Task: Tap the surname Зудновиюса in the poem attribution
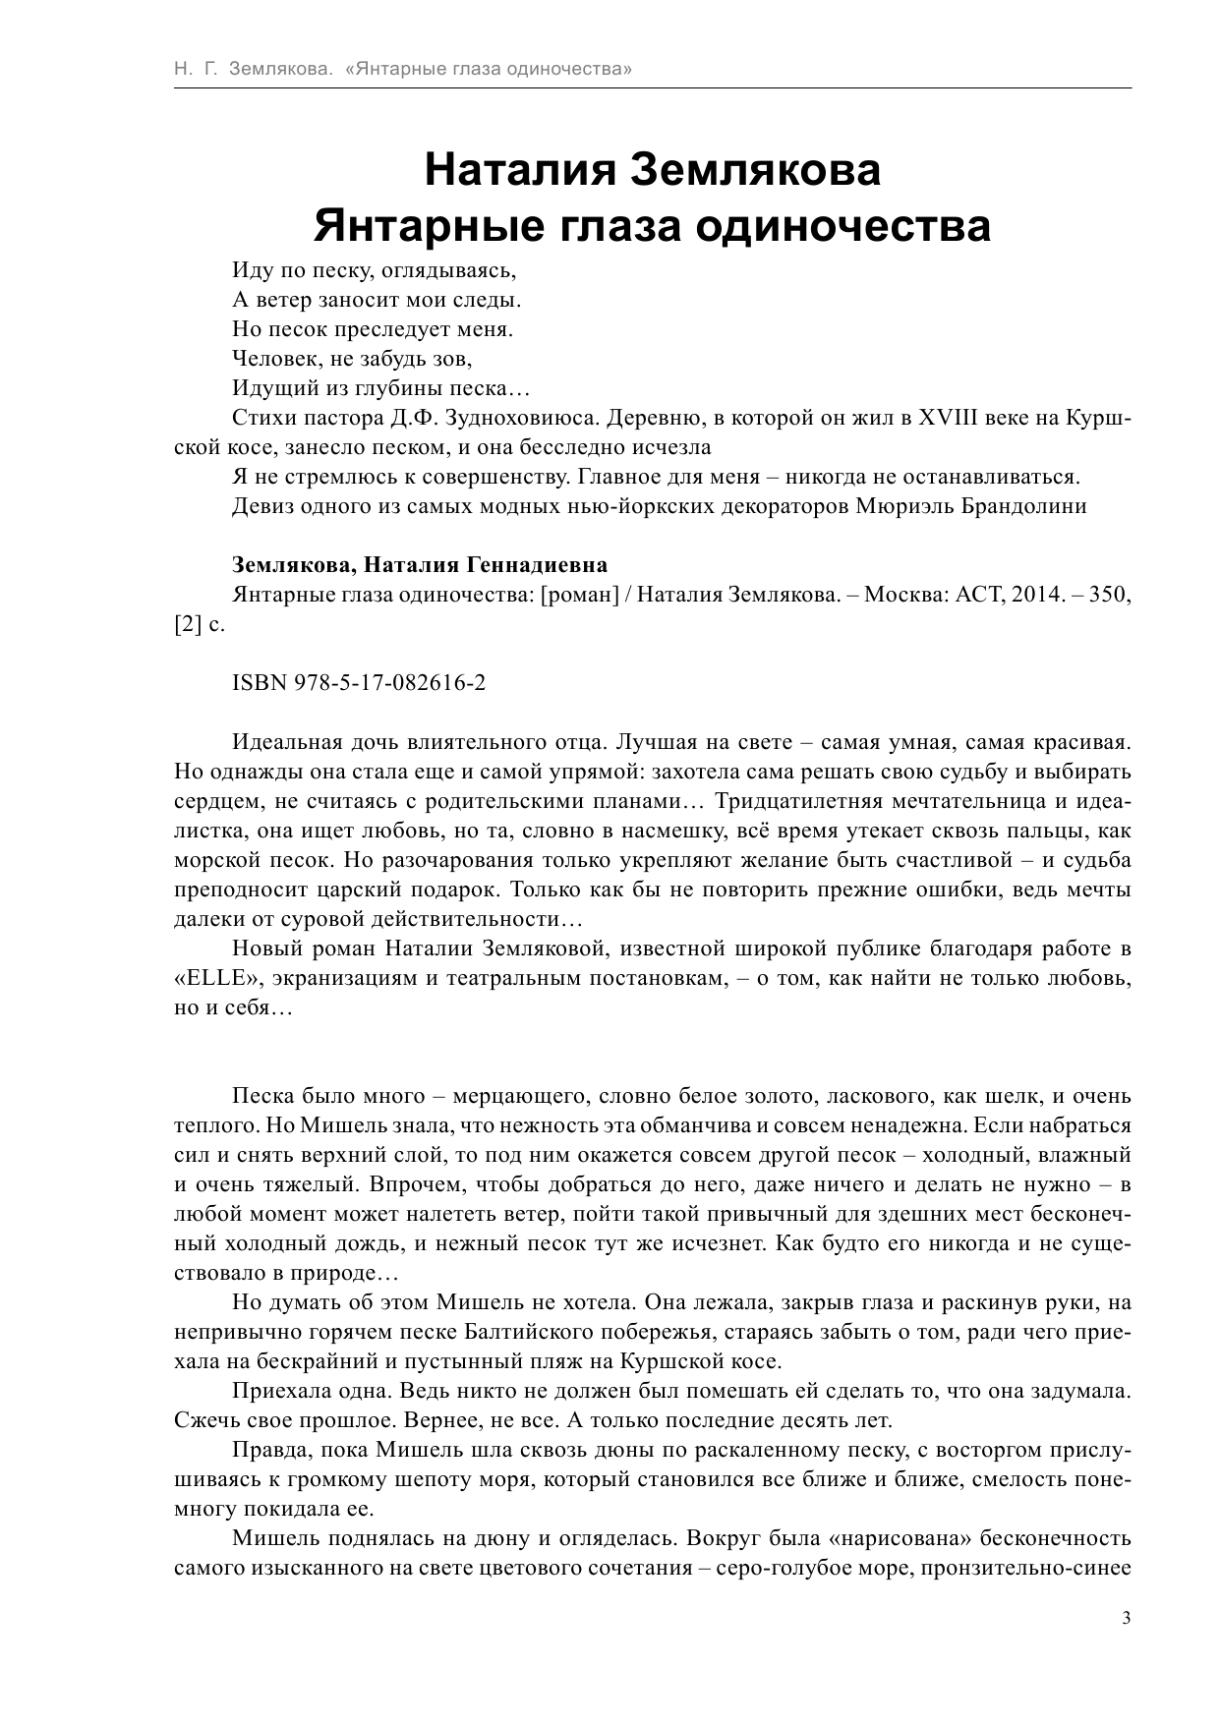(522, 419)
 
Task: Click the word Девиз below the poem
(261, 507)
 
